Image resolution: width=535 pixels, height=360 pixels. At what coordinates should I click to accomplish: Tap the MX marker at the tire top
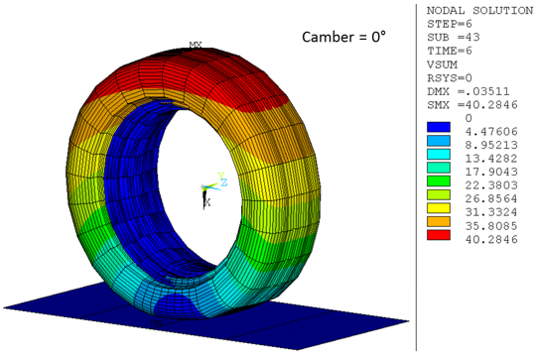tap(196, 46)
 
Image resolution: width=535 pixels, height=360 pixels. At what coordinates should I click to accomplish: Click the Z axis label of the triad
tap(225, 183)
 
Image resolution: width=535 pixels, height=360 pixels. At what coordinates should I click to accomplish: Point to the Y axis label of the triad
tap(220, 176)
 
